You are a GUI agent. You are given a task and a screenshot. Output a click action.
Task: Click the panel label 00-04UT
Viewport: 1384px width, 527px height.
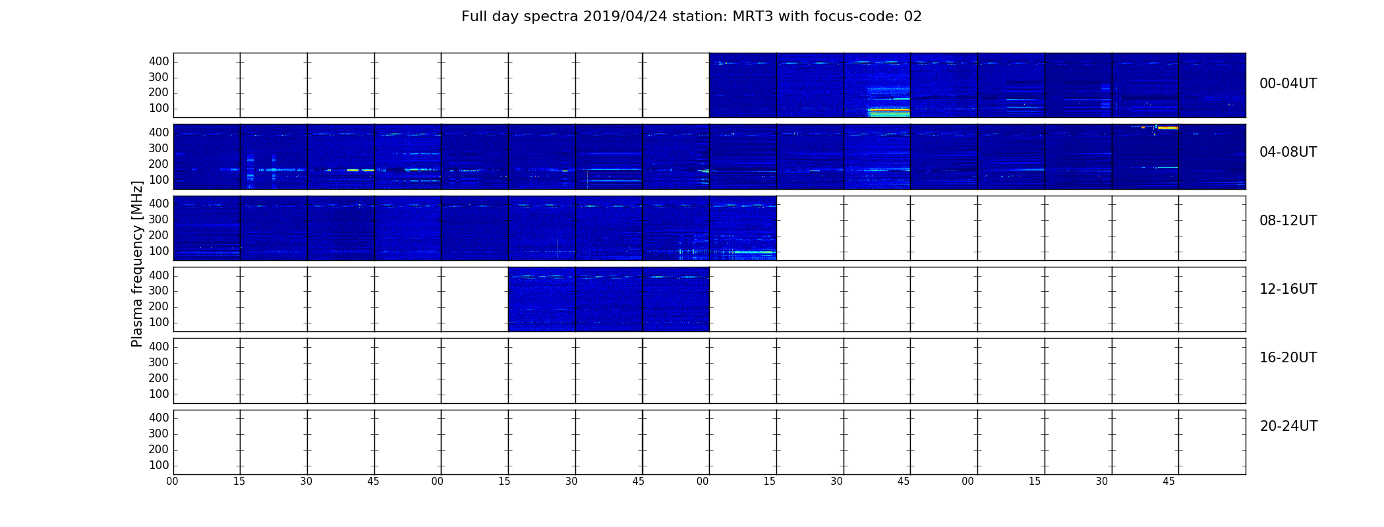tap(1288, 84)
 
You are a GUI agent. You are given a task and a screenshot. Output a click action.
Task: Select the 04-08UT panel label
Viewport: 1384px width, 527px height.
tap(1288, 152)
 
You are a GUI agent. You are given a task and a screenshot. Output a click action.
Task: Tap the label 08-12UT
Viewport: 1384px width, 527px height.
tap(1288, 221)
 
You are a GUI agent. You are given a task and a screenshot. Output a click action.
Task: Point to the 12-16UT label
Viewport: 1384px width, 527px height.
tap(1288, 289)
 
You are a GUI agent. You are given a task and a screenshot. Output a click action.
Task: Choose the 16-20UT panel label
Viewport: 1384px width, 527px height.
tap(1288, 358)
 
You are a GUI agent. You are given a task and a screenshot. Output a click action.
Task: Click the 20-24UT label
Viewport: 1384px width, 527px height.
tap(1288, 426)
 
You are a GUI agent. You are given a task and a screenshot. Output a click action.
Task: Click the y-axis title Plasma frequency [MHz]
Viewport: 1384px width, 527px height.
tap(137, 263)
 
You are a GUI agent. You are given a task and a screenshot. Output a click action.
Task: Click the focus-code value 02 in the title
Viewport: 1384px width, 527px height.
tap(913, 16)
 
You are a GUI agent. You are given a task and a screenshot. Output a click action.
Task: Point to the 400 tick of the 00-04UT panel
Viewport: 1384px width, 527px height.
tap(159, 61)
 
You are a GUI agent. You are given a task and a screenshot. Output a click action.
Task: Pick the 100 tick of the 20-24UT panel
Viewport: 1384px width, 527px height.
tap(159, 465)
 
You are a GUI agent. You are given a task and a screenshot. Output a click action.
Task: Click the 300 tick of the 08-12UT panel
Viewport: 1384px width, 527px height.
tap(159, 219)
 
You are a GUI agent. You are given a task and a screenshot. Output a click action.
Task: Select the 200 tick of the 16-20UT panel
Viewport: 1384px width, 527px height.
tap(159, 378)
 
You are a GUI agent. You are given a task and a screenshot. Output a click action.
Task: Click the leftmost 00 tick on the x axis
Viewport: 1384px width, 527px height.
tap(172, 482)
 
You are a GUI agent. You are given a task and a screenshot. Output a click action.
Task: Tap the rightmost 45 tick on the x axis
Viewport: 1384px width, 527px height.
tap(1168, 482)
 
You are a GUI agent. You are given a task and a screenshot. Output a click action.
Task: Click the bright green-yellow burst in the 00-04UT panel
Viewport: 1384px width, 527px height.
tap(889, 112)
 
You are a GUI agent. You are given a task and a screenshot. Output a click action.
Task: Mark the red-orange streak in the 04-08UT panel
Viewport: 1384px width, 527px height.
tap(1167, 127)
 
